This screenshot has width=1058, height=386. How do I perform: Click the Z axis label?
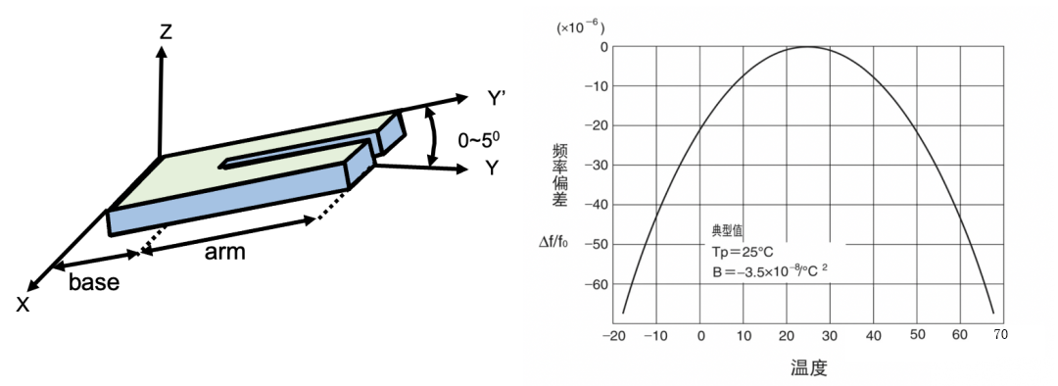[165, 31]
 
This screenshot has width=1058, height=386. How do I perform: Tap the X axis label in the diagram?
[23, 305]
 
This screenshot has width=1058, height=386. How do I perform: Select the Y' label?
[497, 99]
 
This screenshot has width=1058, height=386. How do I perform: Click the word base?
[94, 281]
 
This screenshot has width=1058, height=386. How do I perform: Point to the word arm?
[224, 253]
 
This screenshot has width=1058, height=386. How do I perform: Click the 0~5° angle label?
[479, 140]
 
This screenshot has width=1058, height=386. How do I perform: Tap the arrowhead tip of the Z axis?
[162, 46]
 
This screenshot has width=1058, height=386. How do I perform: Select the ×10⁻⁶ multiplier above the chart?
[580, 27]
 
